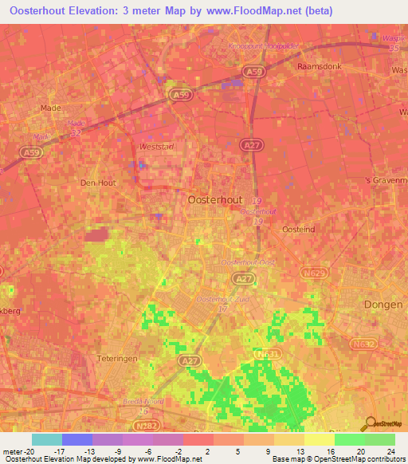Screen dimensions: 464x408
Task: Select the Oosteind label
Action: tap(300, 229)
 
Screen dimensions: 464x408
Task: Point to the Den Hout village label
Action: tap(99, 183)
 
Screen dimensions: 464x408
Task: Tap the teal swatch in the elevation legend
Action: tap(47, 439)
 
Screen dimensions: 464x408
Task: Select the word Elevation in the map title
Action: tap(94, 11)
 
